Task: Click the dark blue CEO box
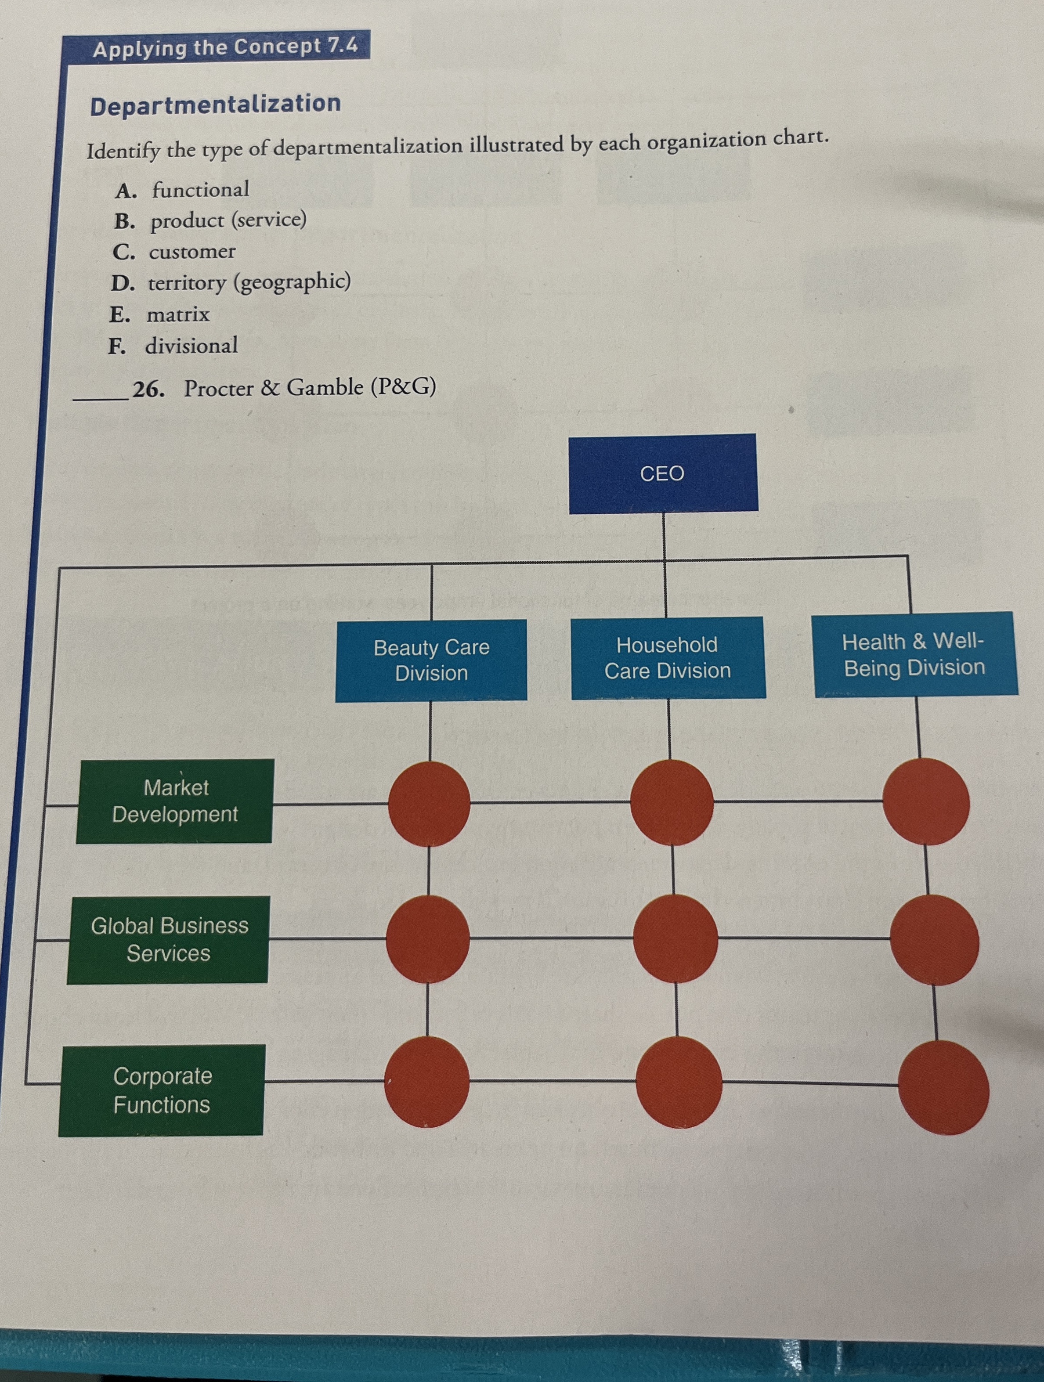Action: (662, 473)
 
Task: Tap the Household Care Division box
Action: (668, 657)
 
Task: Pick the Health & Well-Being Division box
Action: (915, 654)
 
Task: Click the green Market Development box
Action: (174, 801)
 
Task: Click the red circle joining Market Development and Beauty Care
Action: (429, 804)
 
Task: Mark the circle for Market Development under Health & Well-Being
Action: (926, 801)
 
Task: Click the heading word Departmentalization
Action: (216, 105)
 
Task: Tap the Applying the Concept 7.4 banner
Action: (225, 47)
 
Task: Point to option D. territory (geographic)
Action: (231, 282)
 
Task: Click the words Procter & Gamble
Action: (274, 388)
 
